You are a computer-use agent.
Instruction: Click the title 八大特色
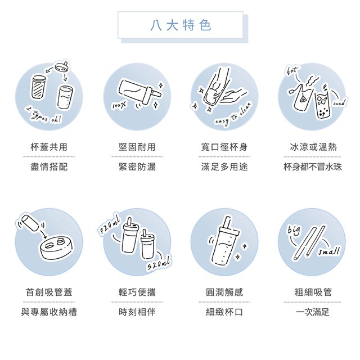[181, 25]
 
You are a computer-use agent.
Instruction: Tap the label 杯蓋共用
[49, 147]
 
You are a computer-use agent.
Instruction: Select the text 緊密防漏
[137, 166]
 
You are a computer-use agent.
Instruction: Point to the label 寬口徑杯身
[224, 147]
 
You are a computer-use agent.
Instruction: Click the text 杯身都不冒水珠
[313, 166]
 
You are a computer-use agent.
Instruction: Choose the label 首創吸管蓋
[49, 292]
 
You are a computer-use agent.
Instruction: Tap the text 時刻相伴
[137, 312]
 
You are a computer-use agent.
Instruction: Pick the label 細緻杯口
[224, 312]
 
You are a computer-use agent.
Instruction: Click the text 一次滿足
[313, 312]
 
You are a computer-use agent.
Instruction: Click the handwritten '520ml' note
[159, 264]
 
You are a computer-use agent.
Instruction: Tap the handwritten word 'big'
[294, 231]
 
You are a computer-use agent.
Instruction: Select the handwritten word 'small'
[328, 251]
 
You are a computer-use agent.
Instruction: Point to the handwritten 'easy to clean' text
[233, 114]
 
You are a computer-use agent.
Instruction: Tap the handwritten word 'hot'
[292, 70]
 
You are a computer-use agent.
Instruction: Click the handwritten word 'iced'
[339, 102]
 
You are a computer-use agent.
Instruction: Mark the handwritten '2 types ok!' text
[44, 114]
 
